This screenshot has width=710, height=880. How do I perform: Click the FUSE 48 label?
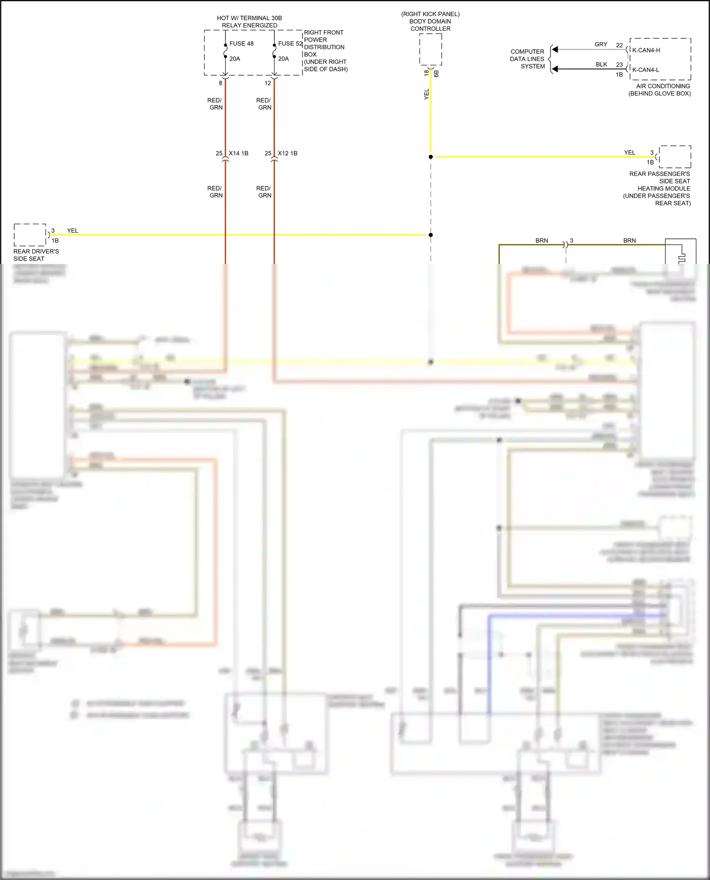(241, 44)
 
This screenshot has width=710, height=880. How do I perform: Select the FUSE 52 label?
(290, 44)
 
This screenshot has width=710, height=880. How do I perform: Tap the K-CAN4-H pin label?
(646, 50)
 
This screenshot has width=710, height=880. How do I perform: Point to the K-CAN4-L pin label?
(646, 70)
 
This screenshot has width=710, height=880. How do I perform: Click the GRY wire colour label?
(601, 44)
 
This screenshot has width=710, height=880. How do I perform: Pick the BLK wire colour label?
(601, 64)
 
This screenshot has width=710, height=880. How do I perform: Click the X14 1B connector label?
(239, 153)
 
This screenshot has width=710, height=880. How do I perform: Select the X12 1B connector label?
(288, 153)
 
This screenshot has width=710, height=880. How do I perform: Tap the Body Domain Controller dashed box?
(430, 49)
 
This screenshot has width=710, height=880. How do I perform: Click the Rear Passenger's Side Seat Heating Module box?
(675, 157)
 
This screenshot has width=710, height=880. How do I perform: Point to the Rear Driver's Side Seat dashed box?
(30, 235)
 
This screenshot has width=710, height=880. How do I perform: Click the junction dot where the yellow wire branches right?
(431, 157)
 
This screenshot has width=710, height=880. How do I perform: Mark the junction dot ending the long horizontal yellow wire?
(431, 235)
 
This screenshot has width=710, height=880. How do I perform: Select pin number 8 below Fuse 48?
(221, 83)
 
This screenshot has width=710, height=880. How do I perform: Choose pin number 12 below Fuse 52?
(268, 83)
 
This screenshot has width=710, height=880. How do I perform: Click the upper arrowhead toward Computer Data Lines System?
(555, 49)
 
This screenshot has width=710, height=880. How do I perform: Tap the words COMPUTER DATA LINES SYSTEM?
(527, 59)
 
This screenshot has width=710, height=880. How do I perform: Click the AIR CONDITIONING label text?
(663, 86)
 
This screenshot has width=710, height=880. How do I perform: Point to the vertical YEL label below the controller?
(426, 94)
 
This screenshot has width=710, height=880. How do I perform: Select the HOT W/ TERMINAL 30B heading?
(249, 18)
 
